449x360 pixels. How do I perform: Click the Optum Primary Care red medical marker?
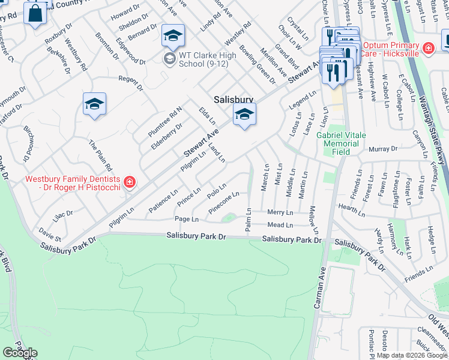point(429,48)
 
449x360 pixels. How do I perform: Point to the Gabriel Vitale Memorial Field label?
point(341,143)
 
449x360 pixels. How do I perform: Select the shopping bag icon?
point(35,13)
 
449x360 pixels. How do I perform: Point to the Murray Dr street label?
point(383,149)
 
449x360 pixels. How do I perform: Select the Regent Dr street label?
point(131,82)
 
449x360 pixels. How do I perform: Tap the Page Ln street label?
point(186,220)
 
